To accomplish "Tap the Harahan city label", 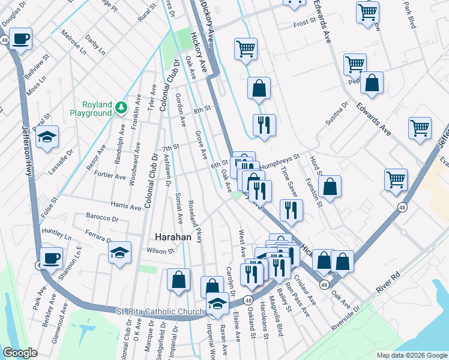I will (x=173, y=237).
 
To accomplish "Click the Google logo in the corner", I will (x=20, y=353).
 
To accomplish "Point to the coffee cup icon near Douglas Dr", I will (x=20, y=38).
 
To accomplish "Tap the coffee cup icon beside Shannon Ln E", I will (x=52, y=257).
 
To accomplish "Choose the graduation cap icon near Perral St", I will (x=47, y=137).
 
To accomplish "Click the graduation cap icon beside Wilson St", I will (x=119, y=252).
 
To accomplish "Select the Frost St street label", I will (x=304, y=22).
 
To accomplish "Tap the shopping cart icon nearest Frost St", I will (x=367, y=11).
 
